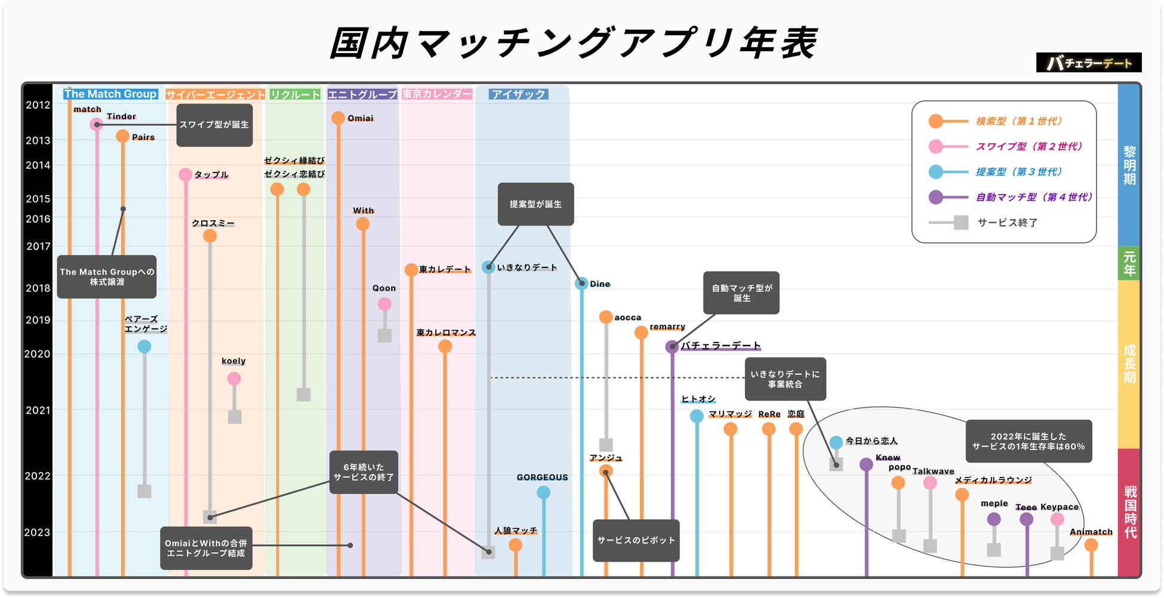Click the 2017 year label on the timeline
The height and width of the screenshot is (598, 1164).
38,246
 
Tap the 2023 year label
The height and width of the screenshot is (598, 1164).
37,532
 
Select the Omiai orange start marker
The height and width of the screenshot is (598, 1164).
338,118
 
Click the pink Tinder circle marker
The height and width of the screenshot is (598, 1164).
97,124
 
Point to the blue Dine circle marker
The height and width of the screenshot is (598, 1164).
581,283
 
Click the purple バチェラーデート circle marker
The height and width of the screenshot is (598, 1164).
672,346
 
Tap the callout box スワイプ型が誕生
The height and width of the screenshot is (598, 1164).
214,125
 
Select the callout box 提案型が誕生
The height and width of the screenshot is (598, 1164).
535,204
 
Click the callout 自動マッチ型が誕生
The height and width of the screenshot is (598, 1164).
741,292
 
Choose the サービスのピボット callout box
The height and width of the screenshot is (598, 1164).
636,540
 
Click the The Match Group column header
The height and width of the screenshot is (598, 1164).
110,94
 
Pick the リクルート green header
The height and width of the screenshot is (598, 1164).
295,94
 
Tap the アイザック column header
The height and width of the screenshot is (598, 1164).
518,94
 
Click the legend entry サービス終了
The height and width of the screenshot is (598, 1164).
1007,223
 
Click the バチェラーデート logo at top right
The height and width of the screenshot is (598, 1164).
1089,63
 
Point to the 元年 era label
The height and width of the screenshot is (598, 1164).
1129,263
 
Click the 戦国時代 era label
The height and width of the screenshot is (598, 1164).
1130,511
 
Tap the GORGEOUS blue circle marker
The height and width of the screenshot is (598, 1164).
543,492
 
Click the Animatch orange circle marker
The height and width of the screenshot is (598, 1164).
1091,544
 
